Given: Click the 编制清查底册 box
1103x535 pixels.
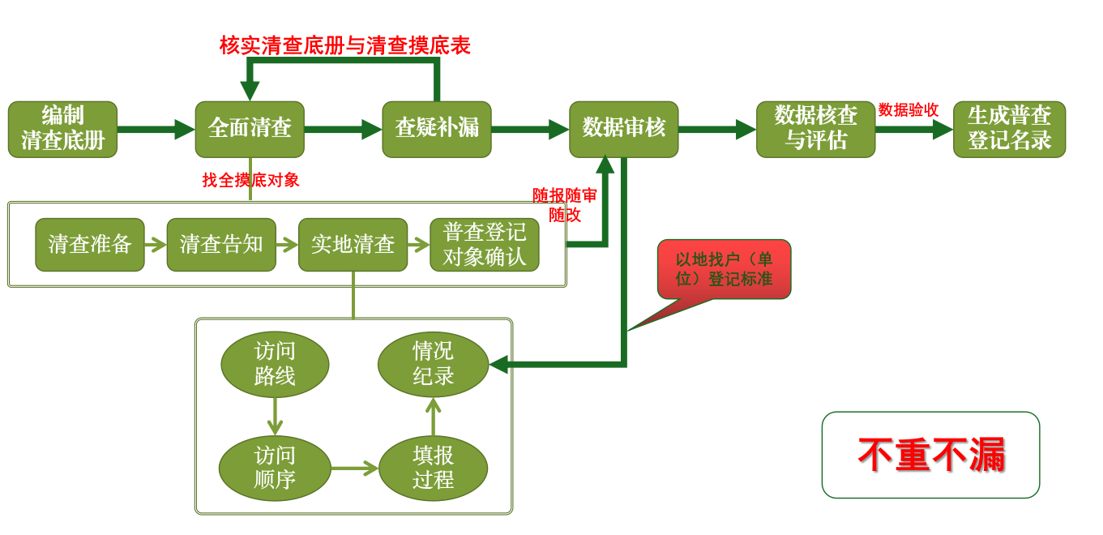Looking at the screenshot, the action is (x=62, y=130).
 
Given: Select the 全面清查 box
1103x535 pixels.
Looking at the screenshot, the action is (x=250, y=130).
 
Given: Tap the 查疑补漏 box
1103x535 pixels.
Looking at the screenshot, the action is (x=437, y=130).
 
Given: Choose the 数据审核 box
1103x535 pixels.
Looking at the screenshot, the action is (x=624, y=130).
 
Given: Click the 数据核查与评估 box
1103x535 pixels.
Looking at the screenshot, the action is (x=816, y=130).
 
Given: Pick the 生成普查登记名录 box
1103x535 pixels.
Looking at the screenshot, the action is (x=1010, y=130).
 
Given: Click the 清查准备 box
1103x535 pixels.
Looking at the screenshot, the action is (x=90, y=245).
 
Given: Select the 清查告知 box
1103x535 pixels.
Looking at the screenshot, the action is (x=221, y=245).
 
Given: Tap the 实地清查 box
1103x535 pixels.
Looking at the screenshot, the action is (x=353, y=245).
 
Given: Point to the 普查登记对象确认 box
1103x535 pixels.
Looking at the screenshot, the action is (x=485, y=245).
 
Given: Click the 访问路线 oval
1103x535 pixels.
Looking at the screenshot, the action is (x=275, y=365).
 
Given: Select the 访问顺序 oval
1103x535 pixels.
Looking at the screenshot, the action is (x=275, y=468).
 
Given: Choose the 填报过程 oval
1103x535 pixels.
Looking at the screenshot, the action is (x=434, y=468).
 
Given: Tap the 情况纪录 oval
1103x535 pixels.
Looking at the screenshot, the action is (x=434, y=365).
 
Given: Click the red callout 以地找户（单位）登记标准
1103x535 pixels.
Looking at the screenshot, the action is (x=724, y=269).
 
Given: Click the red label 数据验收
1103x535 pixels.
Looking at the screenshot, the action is (x=908, y=110).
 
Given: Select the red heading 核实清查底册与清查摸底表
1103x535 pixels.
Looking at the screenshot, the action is (x=344, y=45).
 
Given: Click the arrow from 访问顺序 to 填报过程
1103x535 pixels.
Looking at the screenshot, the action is (x=354, y=468).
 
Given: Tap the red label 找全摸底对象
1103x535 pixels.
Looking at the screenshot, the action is (x=250, y=180).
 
